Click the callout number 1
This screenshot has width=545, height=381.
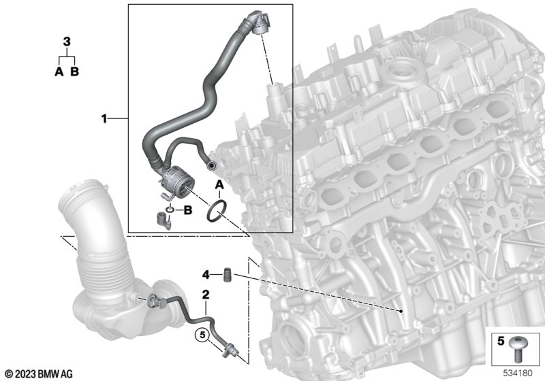point(104,119)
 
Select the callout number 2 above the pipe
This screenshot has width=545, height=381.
point(206,295)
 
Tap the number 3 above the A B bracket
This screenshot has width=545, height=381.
point(67,42)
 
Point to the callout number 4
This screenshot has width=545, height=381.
point(206,275)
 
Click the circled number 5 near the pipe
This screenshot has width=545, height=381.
point(202,335)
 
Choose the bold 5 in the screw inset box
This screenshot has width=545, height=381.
point(501,341)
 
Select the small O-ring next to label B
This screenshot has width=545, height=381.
point(170,210)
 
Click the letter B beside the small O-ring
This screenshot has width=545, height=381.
point(188,210)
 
